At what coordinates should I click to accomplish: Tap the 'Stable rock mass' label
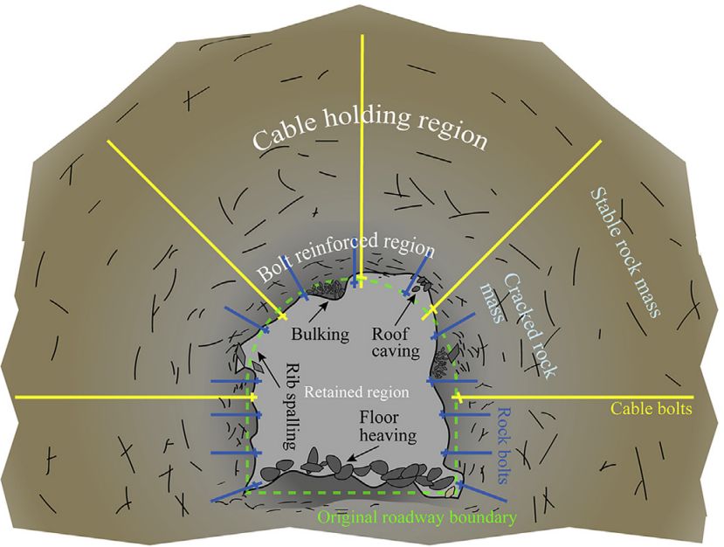coord(624,253)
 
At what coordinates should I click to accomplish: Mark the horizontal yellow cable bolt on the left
coord(131,397)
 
